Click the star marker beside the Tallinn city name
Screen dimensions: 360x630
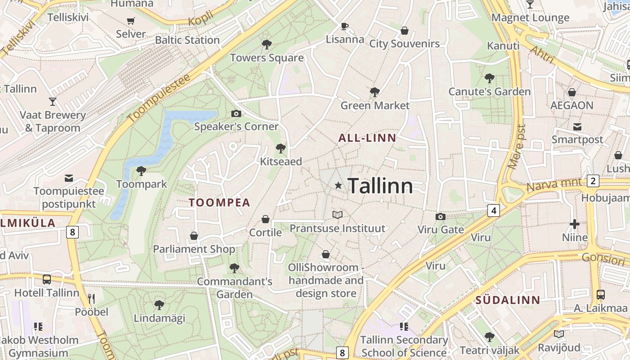pos(338,185)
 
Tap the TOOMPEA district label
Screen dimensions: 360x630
pos(219,202)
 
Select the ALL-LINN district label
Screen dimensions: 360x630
pos(367,138)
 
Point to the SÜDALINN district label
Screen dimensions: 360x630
pos(508,300)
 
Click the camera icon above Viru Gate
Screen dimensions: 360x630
pos(441,217)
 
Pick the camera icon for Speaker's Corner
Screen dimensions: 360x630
pos(236,114)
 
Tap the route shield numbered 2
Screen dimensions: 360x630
pos(593,181)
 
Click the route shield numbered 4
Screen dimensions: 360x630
pos(494,210)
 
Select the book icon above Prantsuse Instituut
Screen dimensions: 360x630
pos(337,215)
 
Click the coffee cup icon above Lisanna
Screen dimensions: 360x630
pos(345,26)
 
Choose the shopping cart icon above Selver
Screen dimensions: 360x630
pos(131,21)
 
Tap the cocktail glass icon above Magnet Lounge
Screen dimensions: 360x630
pos(530,4)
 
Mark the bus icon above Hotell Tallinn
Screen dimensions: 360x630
pos(47,279)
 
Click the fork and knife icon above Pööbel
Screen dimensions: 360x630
pos(91,298)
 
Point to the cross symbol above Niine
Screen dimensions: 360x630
pos(575,224)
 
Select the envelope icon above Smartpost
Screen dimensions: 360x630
pos(577,126)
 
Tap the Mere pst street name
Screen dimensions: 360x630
pos(516,147)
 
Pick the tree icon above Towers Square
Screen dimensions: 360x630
pos(267,45)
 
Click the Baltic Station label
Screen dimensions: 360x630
pos(187,40)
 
